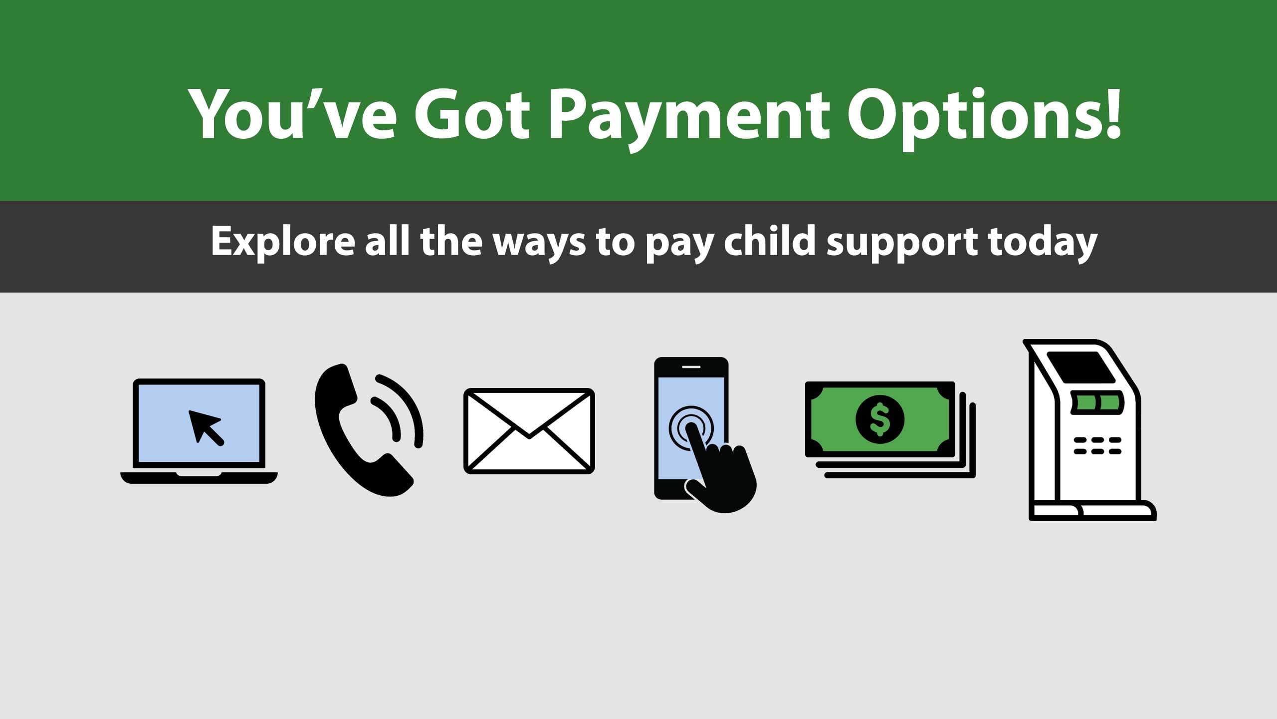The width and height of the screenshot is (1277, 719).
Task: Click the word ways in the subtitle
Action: click(539, 244)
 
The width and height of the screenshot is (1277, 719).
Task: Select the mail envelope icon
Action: click(529, 431)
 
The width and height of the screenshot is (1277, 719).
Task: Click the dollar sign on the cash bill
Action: click(879, 419)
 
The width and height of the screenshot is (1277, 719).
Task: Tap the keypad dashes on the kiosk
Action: click(1097, 446)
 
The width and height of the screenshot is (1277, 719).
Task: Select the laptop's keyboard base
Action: click(199, 478)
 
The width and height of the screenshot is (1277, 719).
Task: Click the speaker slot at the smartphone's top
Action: click(691, 367)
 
